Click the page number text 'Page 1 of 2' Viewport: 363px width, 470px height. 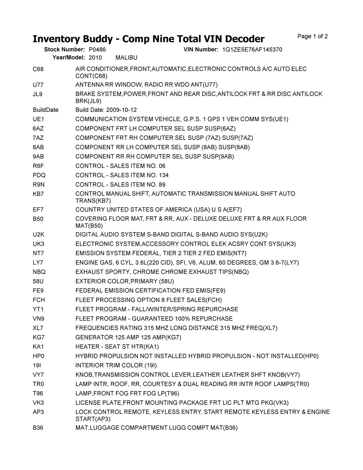pyautogui.click(x=313, y=36)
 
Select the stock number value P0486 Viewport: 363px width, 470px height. pyautogui.click(x=97, y=50)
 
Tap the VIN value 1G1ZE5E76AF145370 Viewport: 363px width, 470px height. pyautogui.click(x=252, y=50)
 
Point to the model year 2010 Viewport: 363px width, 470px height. pyautogui.click(x=95, y=58)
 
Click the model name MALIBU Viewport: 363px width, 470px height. pyautogui.click(x=126, y=58)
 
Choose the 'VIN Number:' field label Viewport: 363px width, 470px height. pyautogui.click(x=201, y=50)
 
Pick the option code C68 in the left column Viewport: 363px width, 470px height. pyautogui.click(x=38, y=69)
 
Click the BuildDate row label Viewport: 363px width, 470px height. pyautogui.click(x=46, y=110)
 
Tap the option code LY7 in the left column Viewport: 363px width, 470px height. pyautogui.click(x=38, y=263)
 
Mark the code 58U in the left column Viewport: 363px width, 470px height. pyautogui.click(x=38, y=281)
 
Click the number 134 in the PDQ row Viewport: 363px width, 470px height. pyautogui.click(x=164, y=175)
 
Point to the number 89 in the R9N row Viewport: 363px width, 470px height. pyautogui.click(x=162, y=184)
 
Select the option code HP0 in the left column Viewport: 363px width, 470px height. pyautogui.click(x=39, y=356)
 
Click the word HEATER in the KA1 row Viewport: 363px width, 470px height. pyautogui.click(x=86, y=347)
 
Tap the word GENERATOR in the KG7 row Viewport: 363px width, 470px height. pyautogui.click(x=94, y=337)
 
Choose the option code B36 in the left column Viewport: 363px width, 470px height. pyautogui.click(x=38, y=428)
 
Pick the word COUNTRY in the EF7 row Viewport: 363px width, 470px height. pyautogui.click(x=90, y=210)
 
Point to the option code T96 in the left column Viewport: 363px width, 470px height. pyautogui.click(x=38, y=393)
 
